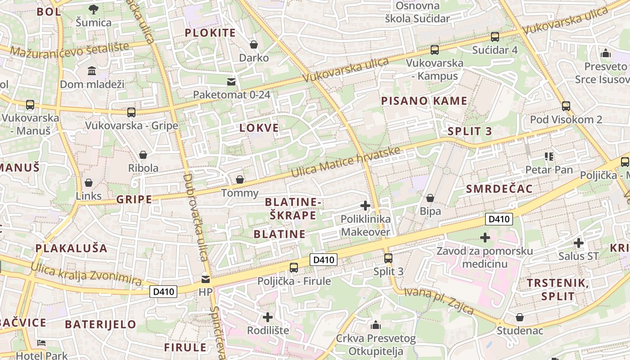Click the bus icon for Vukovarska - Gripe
click(131, 112)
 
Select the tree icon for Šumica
click(94, 9)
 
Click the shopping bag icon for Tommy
click(240, 180)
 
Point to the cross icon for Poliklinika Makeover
click(365, 206)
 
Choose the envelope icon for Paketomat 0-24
click(231, 81)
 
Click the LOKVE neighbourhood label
click(259, 128)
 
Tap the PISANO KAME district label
click(424, 101)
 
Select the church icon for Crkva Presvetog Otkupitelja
click(376, 325)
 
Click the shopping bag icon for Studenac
click(520, 317)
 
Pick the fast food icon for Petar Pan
click(549, 157)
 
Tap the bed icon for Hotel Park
click(41, 343)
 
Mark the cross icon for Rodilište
click(268, 317)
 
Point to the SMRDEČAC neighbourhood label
click(499, 189)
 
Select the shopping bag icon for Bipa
click(430, 198)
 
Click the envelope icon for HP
click(206, 279)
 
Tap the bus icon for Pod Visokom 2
click(566, 106)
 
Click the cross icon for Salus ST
click(579, 243)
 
